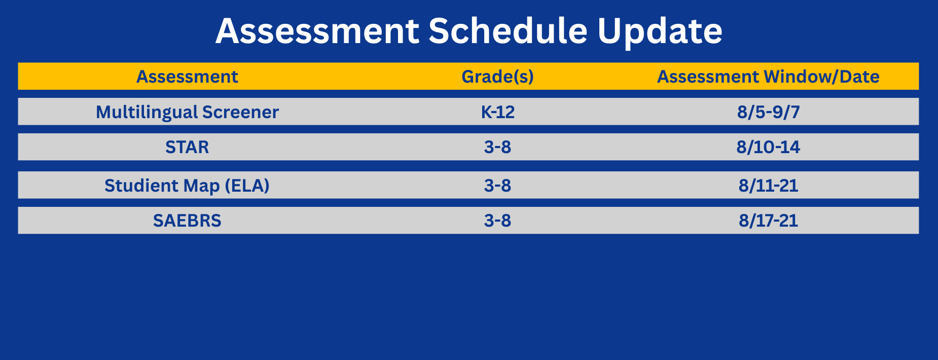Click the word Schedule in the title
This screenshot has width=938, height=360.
508,31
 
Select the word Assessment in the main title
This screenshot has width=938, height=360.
317,31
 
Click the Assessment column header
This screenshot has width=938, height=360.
187,77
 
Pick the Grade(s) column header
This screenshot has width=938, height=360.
497,77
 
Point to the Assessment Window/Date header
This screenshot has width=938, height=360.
768,77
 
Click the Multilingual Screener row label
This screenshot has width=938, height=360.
187,112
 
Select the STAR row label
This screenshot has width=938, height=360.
187,147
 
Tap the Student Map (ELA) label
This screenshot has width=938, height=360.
187,186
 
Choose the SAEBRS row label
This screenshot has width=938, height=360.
187,221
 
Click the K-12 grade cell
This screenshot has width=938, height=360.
497,112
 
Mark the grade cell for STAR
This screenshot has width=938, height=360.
497,147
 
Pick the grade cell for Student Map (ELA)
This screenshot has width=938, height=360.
497,186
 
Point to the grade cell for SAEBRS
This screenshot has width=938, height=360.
497,221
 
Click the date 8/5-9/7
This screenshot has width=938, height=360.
768,112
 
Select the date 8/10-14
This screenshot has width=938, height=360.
768,147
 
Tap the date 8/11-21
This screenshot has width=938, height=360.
768,186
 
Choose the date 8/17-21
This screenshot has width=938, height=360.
768,221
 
